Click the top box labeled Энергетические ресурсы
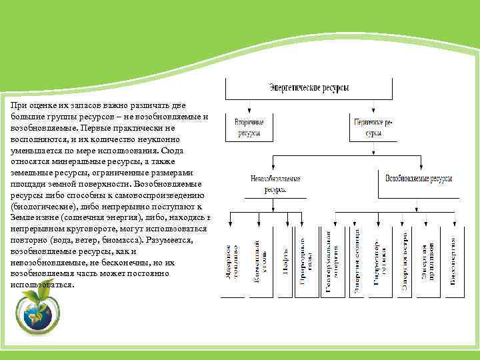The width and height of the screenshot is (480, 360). pos(309,87)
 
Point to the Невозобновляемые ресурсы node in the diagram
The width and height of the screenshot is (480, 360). pos(275,184)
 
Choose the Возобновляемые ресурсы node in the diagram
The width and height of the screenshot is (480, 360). pos(419,179)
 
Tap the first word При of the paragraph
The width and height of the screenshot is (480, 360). pos(18,105)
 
